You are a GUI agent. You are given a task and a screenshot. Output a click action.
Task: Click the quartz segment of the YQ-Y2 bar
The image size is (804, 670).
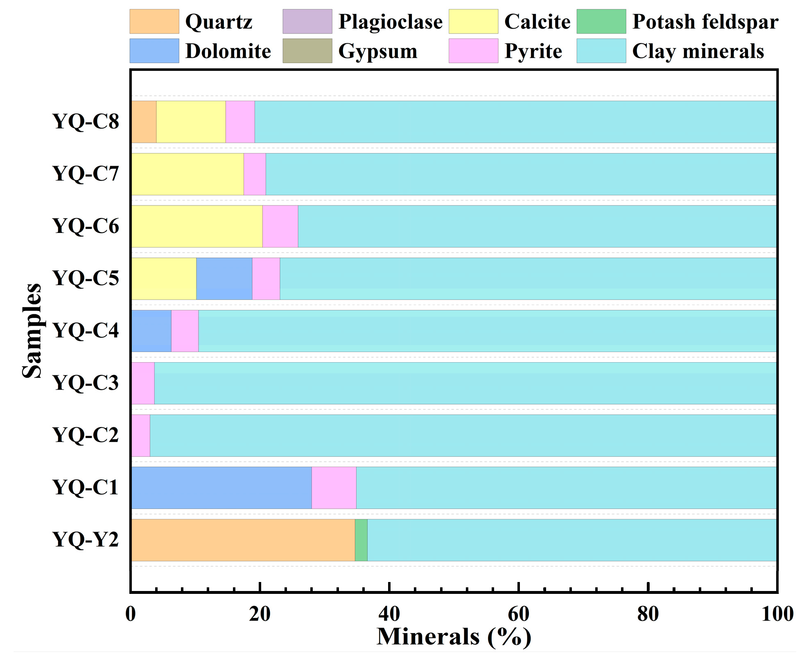point(243,540)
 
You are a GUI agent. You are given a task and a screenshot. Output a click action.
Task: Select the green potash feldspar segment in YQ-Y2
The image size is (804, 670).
point(361,540)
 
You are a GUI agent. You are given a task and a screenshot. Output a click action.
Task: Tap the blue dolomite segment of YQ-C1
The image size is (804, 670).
point(221,487)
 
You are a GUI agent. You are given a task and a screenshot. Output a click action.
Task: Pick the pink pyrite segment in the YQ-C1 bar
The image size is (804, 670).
point(334,487)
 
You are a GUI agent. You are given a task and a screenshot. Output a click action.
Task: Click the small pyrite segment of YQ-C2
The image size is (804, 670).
point(141,435)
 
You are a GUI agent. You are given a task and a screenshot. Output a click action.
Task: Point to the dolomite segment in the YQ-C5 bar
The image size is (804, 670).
point(224,278)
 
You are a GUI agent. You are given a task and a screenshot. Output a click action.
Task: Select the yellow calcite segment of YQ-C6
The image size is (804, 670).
point(196,226)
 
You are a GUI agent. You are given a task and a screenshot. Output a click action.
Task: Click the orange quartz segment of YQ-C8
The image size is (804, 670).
point(144,122)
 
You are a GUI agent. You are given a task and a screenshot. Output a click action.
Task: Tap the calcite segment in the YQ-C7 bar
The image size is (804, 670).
point(187,174)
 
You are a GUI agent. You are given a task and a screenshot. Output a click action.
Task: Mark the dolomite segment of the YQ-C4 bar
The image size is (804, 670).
point(151,331)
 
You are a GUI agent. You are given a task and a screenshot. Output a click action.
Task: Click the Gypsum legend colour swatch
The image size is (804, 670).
point(307,51)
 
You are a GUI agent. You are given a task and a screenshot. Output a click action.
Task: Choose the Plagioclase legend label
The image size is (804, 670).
point(390,22)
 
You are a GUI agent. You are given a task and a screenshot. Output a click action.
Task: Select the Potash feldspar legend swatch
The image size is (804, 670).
point(601,21)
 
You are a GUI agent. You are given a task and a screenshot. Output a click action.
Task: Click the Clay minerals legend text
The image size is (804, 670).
point(698,51)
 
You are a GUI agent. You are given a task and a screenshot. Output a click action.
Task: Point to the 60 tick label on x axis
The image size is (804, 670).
point(518,614)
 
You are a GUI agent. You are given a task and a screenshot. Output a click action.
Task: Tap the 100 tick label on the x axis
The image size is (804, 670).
point(777,614)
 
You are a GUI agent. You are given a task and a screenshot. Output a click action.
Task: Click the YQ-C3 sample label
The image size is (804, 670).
point(86,383)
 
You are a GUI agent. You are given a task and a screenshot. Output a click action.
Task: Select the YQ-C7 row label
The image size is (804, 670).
point(86,174)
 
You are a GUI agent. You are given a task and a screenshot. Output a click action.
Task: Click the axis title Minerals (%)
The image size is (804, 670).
point(454,637)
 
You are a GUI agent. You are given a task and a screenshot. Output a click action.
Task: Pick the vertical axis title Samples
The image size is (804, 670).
point(32,330)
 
